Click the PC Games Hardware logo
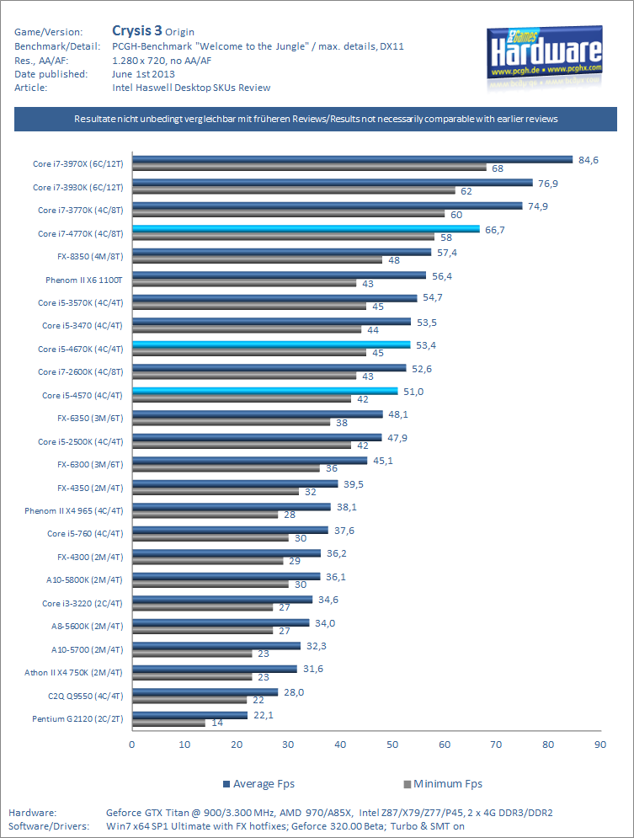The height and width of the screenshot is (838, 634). coord(544,56)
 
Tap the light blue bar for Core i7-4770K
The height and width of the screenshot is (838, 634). coord(306,228)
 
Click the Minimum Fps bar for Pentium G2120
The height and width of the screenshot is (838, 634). coord(168,723)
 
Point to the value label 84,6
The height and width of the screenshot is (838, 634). coord(587,159)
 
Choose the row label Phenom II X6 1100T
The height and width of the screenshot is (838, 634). coord(84,280)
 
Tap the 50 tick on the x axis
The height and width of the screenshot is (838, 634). coord(392,745)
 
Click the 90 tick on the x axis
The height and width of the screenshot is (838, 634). coord(600,745)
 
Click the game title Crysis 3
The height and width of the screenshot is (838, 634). coord(138,32)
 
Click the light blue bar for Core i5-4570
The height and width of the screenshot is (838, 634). coord(264,391)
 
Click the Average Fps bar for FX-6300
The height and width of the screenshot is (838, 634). coord(249,460)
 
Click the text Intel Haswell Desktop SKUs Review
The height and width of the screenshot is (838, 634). coord(191,87)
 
